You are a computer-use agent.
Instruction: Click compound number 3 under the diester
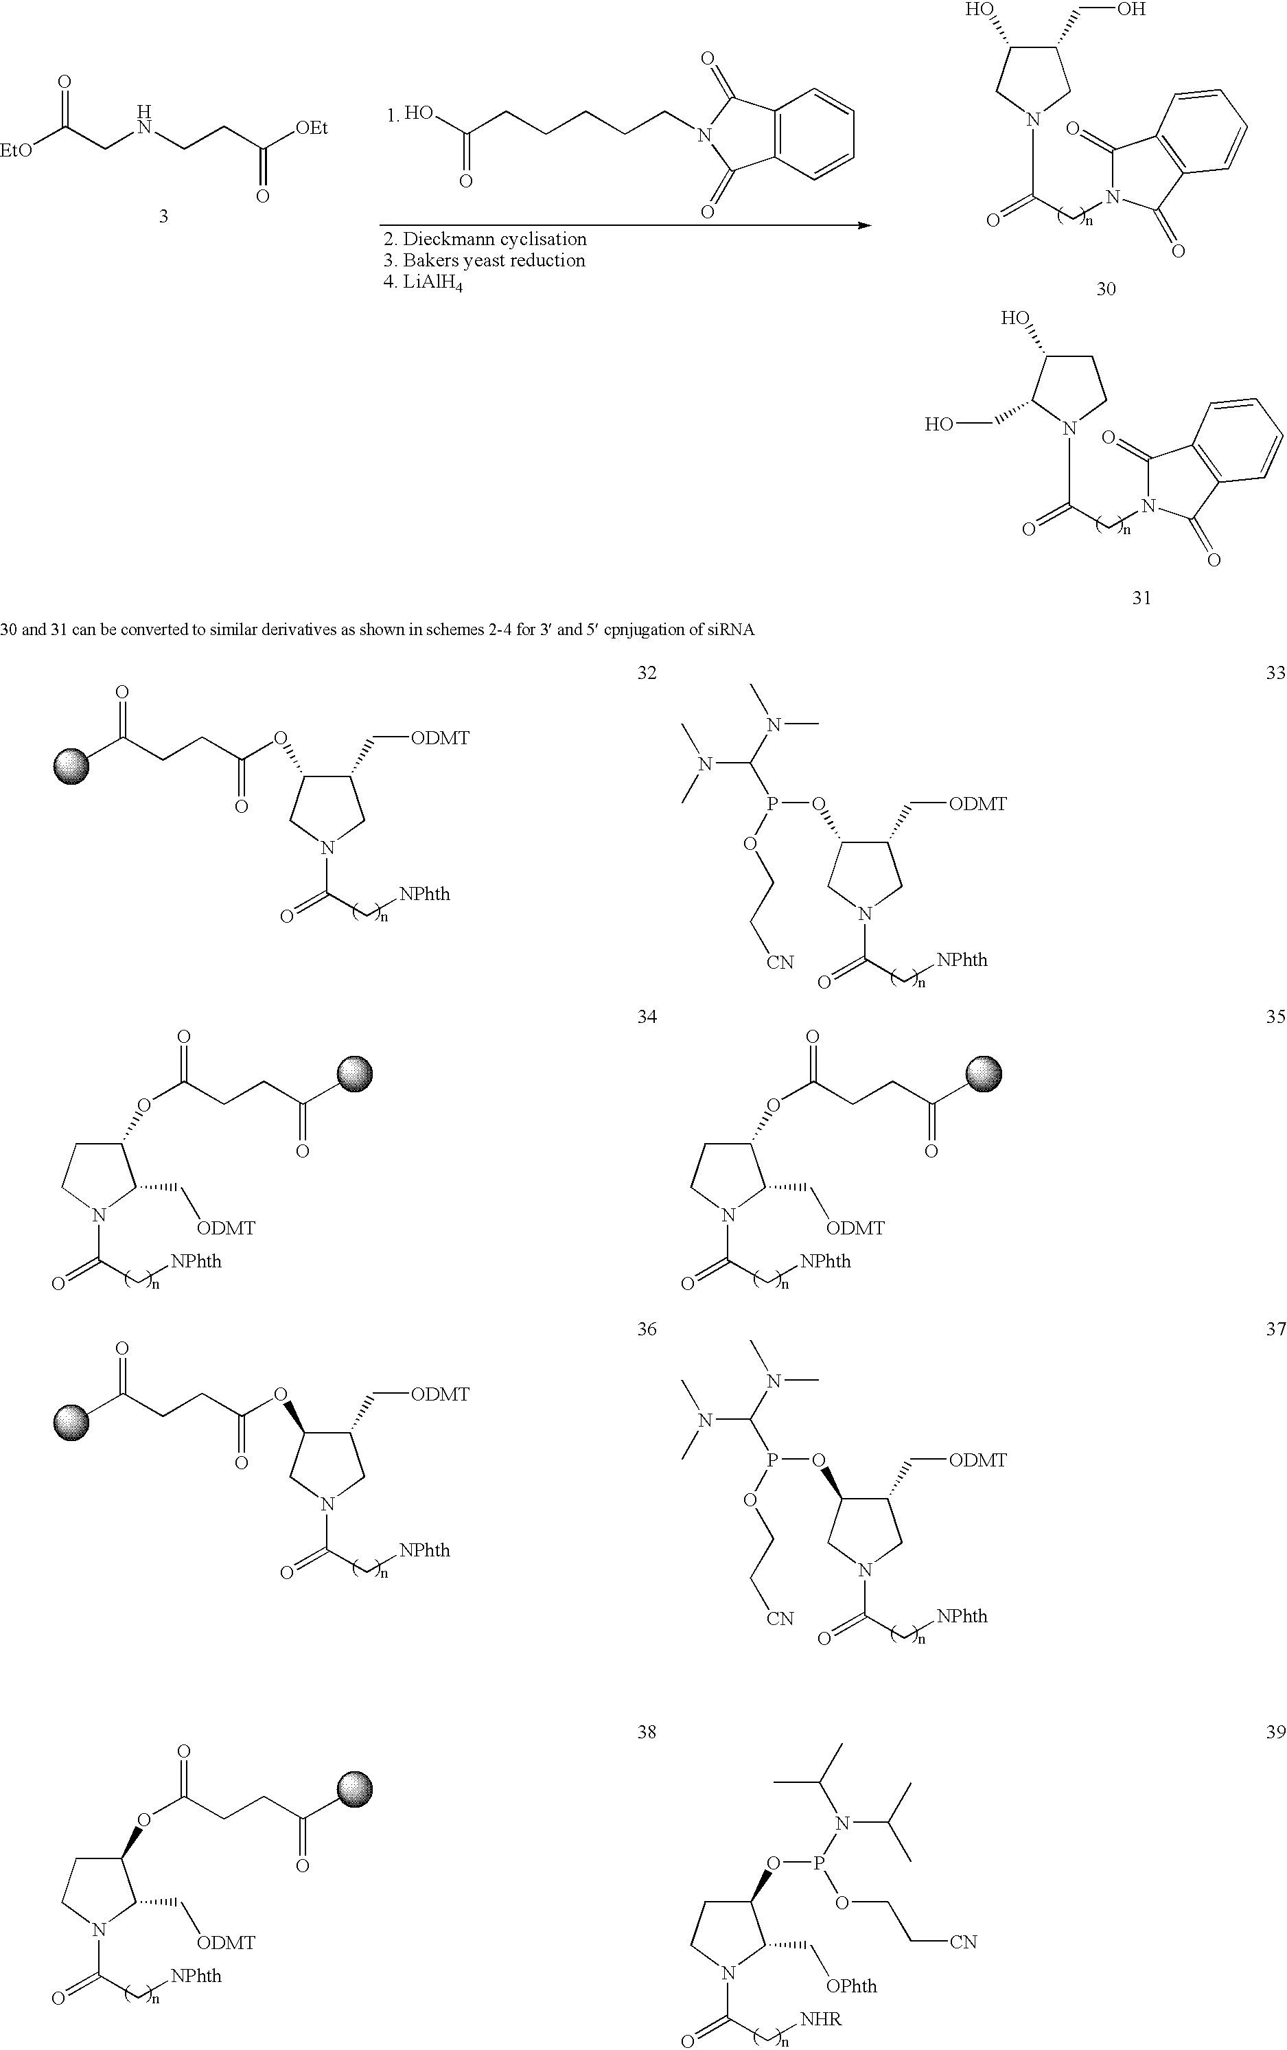(x=163, y=216)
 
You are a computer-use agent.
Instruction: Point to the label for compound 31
(x=1141, y=598)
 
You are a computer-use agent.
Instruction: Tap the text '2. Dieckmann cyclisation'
(x=485, y=239)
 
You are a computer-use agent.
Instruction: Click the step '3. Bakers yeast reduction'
(x=485, y=260)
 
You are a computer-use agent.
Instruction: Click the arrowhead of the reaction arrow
(x=865, y=226)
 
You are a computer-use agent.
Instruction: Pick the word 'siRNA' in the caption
(x=731, y=631)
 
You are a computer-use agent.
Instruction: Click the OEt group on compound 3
(x=312, y=128)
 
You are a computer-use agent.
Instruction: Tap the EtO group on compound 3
(x=17, y=150)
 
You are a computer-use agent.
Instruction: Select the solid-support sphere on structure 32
(x=71, y=766)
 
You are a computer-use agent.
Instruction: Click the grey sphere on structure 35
(x=985, y=1074)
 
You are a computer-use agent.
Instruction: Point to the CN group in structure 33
(x=780, y=962)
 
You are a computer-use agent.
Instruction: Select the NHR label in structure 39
(x=820, y=2018)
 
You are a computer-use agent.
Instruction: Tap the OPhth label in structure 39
(x=852, y=1985)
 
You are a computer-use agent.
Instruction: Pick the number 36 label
(x=647, y=1329)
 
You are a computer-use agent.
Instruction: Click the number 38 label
(x=647, y=1731)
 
